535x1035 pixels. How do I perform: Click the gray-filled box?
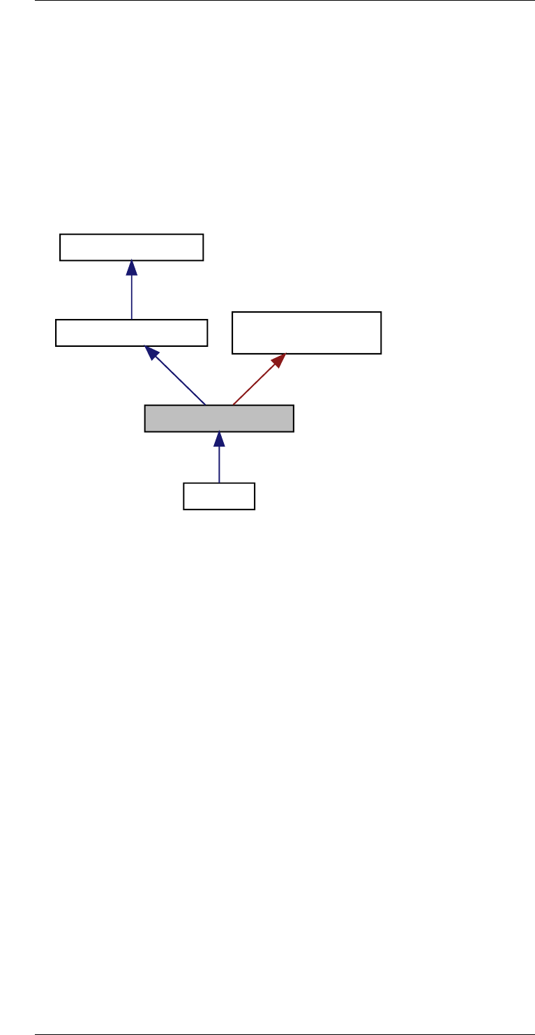(219, 419)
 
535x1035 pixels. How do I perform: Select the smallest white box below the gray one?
(219, 496)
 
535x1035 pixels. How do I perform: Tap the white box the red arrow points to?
(306, 333)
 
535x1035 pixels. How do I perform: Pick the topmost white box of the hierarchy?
(131, 247)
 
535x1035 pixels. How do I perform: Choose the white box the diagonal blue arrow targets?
(131, 333)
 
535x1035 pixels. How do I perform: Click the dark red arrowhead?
(279, 360)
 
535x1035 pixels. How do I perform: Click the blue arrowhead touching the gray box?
(219, 440)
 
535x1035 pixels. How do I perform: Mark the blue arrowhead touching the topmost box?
(131, 268)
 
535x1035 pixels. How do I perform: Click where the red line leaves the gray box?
(233, 405)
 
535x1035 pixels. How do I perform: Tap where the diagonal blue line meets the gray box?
(205, 405)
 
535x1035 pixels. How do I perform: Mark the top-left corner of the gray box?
(145, 405)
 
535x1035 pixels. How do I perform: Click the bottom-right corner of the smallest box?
(255, 509)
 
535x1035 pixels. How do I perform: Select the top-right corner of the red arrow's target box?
(381, 313)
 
